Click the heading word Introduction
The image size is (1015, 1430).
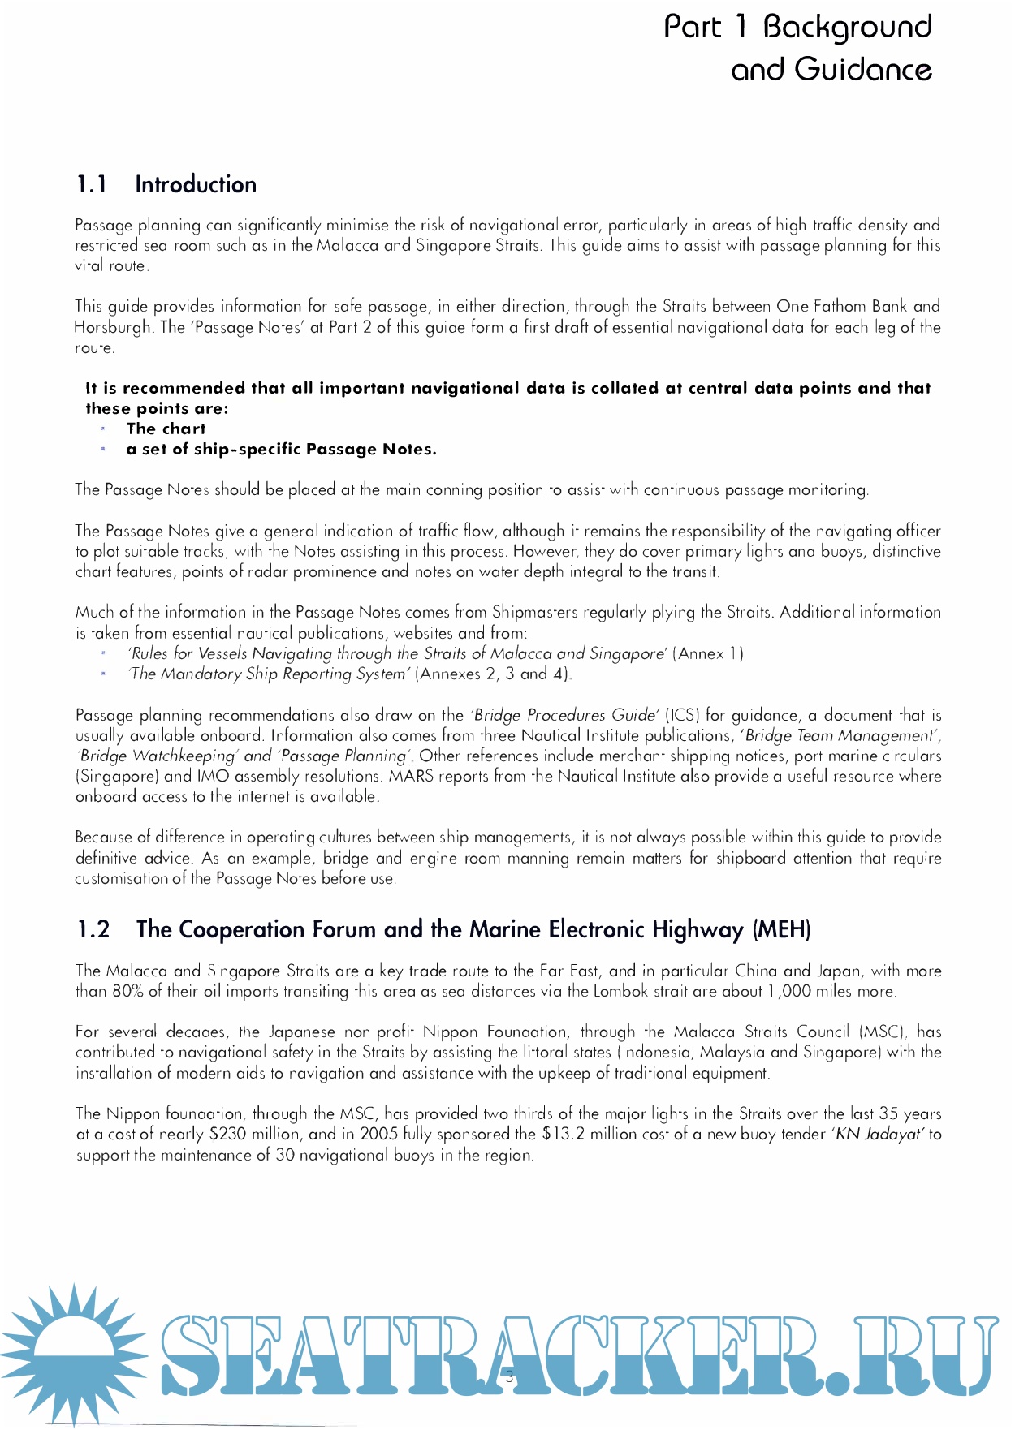point(196,185)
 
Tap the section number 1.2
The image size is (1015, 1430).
point(93,929)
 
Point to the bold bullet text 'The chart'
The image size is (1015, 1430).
point(166,429)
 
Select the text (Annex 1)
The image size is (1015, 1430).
point(708,654)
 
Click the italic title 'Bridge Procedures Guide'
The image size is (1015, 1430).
point(565,716)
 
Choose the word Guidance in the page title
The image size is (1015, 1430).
point(862,70)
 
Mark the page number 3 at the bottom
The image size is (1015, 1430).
point(509,1375)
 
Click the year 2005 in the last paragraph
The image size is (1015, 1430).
point(378,1135)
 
